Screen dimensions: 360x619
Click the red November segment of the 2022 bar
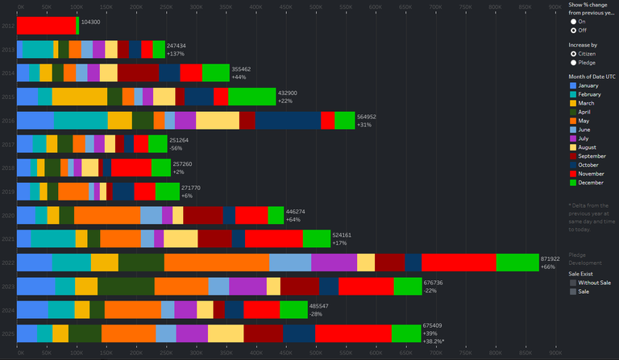tap(458, 263)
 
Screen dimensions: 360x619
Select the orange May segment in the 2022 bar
tap(216, 263)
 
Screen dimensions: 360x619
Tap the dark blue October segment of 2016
tap(288, 120)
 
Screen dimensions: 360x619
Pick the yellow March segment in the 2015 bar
tap(80, 97)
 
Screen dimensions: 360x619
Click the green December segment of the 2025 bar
tap(406, 333)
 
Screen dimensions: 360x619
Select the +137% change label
tap(177, 53)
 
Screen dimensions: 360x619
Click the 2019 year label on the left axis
tap(8, 192)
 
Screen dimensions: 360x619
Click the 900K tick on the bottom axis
tap(555, 354)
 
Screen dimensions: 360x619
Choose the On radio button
tap(573, 22)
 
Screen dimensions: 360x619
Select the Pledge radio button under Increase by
tap(573, 62)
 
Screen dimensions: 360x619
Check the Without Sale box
tap(573, 283)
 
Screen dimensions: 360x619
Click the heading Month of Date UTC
tap(592, 76)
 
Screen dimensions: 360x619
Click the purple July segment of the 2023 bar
tap(247, 286)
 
